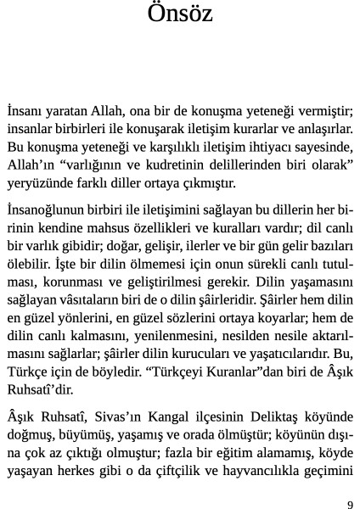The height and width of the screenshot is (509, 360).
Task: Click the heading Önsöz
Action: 180,14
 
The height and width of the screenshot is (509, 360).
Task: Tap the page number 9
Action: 350,502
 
